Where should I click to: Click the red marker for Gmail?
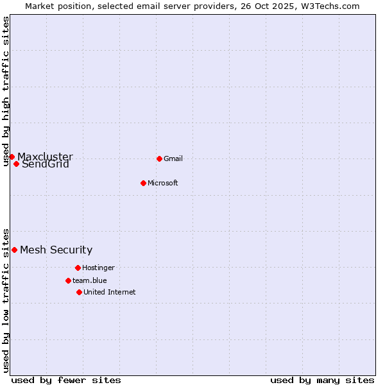click(x=159, y=158)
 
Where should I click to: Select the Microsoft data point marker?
click(x=144, y=183)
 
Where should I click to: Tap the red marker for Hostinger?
click(x=78, y=268)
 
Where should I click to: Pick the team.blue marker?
click(x=68, y=280)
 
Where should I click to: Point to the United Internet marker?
click(x=79, y=292)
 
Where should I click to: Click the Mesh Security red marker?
click(x=14, y=250)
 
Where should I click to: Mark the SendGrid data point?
click(x=16, y=164)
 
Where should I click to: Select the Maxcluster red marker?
click(x=12, y=157)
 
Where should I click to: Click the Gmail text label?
click(x=173, y=158)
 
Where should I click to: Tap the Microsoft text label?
click(x=163, y=183)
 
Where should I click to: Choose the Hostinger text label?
click(x=98, y=268)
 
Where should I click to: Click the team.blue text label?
click(x=90, y=280)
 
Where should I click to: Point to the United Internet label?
click(x=110, y=292)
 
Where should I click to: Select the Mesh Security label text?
click(x=56, y=250)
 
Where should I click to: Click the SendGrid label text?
click(x=46, y=164)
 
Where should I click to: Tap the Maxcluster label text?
click(x=45, y=157)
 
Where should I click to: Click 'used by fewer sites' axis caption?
click(x=66, y=380)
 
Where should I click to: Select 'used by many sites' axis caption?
click(x=322, y=380)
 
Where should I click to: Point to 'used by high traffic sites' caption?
click(x=6, y=91)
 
